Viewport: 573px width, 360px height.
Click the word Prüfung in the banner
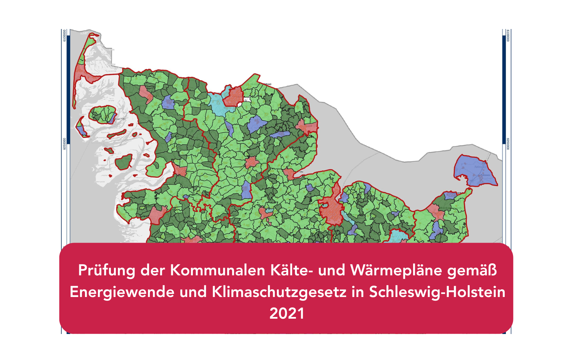coord(107,270)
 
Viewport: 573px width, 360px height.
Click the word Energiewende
coord(122,292)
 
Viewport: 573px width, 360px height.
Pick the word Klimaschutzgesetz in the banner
coord(279,292)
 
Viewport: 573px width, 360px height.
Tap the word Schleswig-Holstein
coord(437,292)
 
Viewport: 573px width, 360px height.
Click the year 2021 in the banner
coord(286,314)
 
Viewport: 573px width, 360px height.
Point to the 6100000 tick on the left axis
coord(64,35)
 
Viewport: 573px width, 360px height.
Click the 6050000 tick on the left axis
coord(64,144)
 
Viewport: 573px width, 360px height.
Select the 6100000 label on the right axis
coord(508,35)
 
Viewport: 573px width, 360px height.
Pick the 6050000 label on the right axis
coord(508,144)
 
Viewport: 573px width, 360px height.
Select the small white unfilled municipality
coord(247,100)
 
